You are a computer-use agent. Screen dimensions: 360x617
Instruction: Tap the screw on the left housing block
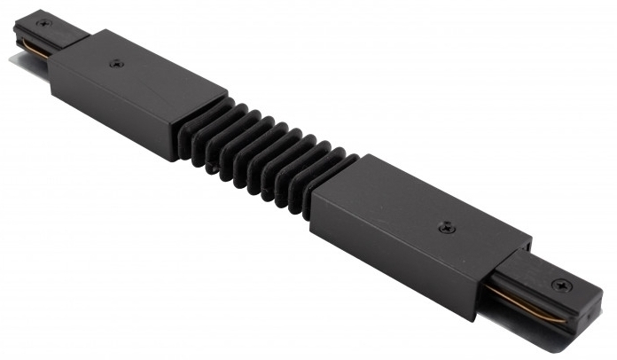[117, 64]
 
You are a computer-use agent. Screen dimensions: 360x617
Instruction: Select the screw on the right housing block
[443, 229]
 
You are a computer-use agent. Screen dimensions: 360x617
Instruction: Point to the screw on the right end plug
[561, 286]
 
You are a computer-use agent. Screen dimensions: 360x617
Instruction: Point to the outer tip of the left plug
[18, 31]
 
